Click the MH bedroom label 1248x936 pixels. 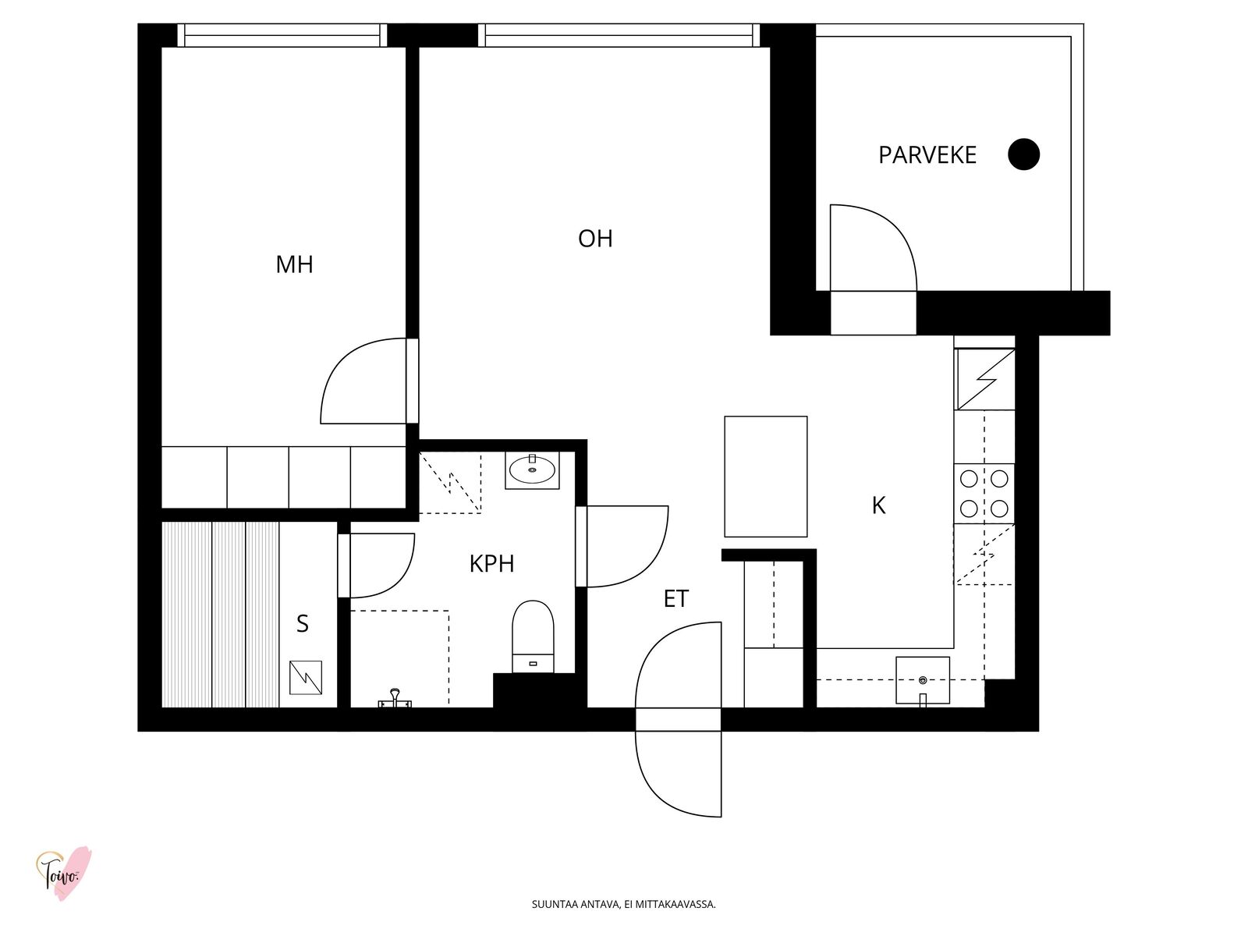point(294,265)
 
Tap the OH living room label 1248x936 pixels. point(594,239)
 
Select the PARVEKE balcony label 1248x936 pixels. point(927,155)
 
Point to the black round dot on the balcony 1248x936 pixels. point(1023,154)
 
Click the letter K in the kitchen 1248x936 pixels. point(878,505)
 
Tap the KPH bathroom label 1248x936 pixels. point(491,564)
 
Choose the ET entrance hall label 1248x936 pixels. point(676,598)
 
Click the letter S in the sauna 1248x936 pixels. point(303,624)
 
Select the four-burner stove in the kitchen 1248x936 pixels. point(984,493)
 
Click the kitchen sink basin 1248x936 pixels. point(922,680)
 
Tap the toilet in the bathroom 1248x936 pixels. point(533,636)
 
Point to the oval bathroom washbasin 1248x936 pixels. point(532,470)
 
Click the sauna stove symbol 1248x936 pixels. point(306,677)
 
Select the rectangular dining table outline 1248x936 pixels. point(765,477)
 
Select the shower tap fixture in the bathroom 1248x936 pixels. point(395,698)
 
